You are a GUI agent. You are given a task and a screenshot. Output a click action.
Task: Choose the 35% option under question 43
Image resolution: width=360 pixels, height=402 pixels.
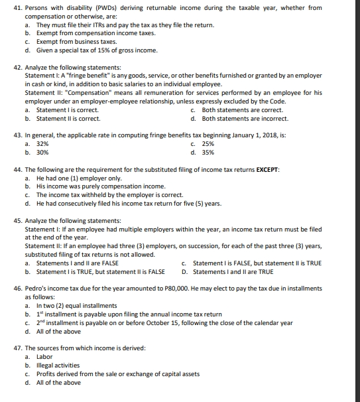tap(208, 152)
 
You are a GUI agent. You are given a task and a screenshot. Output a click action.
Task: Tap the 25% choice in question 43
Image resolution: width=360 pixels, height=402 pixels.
tap(208, 143)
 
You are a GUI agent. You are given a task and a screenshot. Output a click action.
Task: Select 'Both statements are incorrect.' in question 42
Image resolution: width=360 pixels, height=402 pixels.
tap(245, 119)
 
